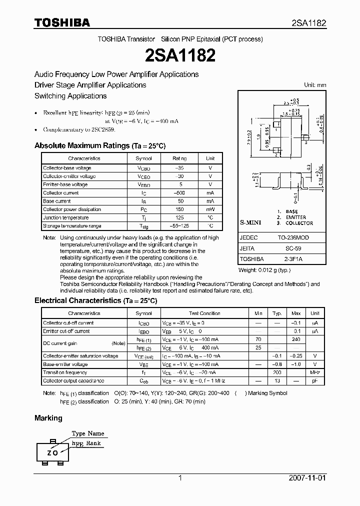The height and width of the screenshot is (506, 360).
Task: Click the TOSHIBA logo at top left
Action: [62, 22]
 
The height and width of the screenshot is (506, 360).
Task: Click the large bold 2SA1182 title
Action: [179, 55]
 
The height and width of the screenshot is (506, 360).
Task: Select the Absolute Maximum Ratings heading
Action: [99, 146]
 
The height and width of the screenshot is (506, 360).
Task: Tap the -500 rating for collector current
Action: [179, 193]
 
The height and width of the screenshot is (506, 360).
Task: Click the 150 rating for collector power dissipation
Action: [179, 209]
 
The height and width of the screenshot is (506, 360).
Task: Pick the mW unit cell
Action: [210, 209]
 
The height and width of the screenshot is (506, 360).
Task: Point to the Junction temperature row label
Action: [65, 218]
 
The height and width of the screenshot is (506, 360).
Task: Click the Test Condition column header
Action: [204, 313]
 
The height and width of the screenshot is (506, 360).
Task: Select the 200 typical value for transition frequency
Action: [276, 372]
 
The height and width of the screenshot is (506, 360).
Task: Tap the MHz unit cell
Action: [315, 372]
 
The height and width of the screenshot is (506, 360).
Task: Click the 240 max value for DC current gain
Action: [296, 339]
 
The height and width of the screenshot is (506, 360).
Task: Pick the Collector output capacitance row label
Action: [73, 381]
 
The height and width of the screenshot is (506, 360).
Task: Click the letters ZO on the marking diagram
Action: [52, 452]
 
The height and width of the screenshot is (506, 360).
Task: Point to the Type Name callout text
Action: [88, 433]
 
